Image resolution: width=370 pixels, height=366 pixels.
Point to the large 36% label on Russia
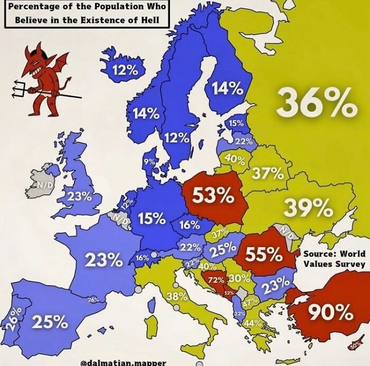click(316, 104)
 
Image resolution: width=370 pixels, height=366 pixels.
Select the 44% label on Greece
click(253, 323)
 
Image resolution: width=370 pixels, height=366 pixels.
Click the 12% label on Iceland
click(124, 70)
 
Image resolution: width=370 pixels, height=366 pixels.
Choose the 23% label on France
click(104, 260)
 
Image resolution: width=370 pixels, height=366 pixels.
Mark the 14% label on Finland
click(227, 89)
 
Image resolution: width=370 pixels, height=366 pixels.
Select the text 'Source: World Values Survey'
click(334, 259)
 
